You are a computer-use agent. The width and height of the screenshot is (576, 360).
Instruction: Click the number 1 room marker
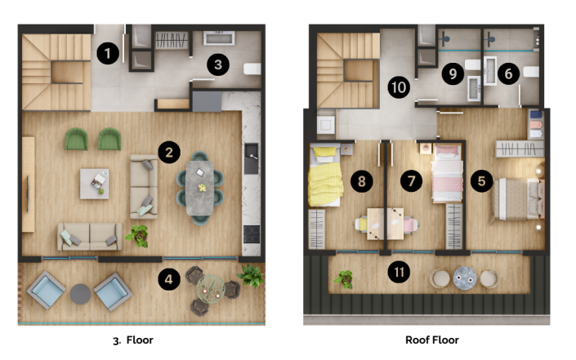(x=108, y=54)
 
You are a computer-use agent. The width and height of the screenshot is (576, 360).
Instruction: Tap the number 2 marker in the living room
(x=168, y=152)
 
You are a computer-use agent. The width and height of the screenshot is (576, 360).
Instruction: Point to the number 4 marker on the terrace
(x=168, y=279)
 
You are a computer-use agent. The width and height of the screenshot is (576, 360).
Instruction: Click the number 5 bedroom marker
(x=481, y=180)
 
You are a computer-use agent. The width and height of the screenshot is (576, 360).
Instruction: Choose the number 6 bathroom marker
(x=507, y=73)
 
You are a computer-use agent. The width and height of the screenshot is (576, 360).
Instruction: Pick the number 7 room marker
(x=412, y=180)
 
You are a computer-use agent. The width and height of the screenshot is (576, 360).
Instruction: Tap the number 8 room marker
(x=359, y=180)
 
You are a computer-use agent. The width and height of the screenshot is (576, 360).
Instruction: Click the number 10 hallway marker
(x=398, y=87)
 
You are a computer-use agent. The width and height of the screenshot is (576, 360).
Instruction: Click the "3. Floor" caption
(x=133, y=340)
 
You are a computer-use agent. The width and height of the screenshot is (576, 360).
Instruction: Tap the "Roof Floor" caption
(x=432, y=340)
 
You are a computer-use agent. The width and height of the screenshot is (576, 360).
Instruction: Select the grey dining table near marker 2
(x=201, y=188)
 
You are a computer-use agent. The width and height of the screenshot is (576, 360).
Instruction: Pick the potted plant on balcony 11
(x=343, y=279)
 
